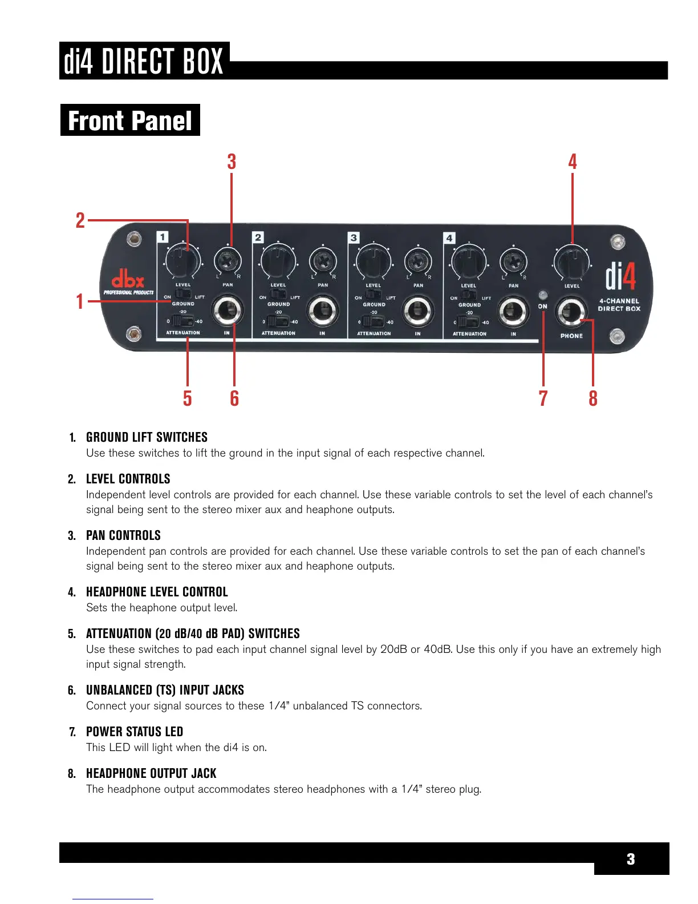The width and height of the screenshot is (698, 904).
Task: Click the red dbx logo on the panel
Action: point(127,280)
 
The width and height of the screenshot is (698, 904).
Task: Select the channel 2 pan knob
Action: point(323,262)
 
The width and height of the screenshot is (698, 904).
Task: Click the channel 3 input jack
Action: point(418,310)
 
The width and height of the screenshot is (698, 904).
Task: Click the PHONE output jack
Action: point(571,312)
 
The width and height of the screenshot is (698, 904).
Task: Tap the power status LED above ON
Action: point(542,295)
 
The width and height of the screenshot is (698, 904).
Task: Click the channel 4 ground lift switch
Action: point(469,294)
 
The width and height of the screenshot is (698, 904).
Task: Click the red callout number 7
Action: point(543,398)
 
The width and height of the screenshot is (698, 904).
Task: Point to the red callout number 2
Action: point(80,220)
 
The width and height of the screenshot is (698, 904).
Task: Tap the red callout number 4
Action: point(573,162)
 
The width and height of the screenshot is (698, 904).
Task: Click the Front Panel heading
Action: point(130,120)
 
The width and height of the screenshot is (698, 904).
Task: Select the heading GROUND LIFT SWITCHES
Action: point(147,437)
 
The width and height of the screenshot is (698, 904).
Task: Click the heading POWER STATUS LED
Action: point(135,732)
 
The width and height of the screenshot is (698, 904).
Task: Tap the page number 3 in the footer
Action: point(631,859)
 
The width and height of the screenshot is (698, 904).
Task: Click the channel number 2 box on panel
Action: point(258,237)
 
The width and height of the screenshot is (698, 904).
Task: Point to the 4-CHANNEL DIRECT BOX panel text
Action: point(619,305)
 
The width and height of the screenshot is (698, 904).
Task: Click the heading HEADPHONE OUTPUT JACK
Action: point(151,773)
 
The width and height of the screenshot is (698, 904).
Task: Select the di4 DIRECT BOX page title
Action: point(144,61)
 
